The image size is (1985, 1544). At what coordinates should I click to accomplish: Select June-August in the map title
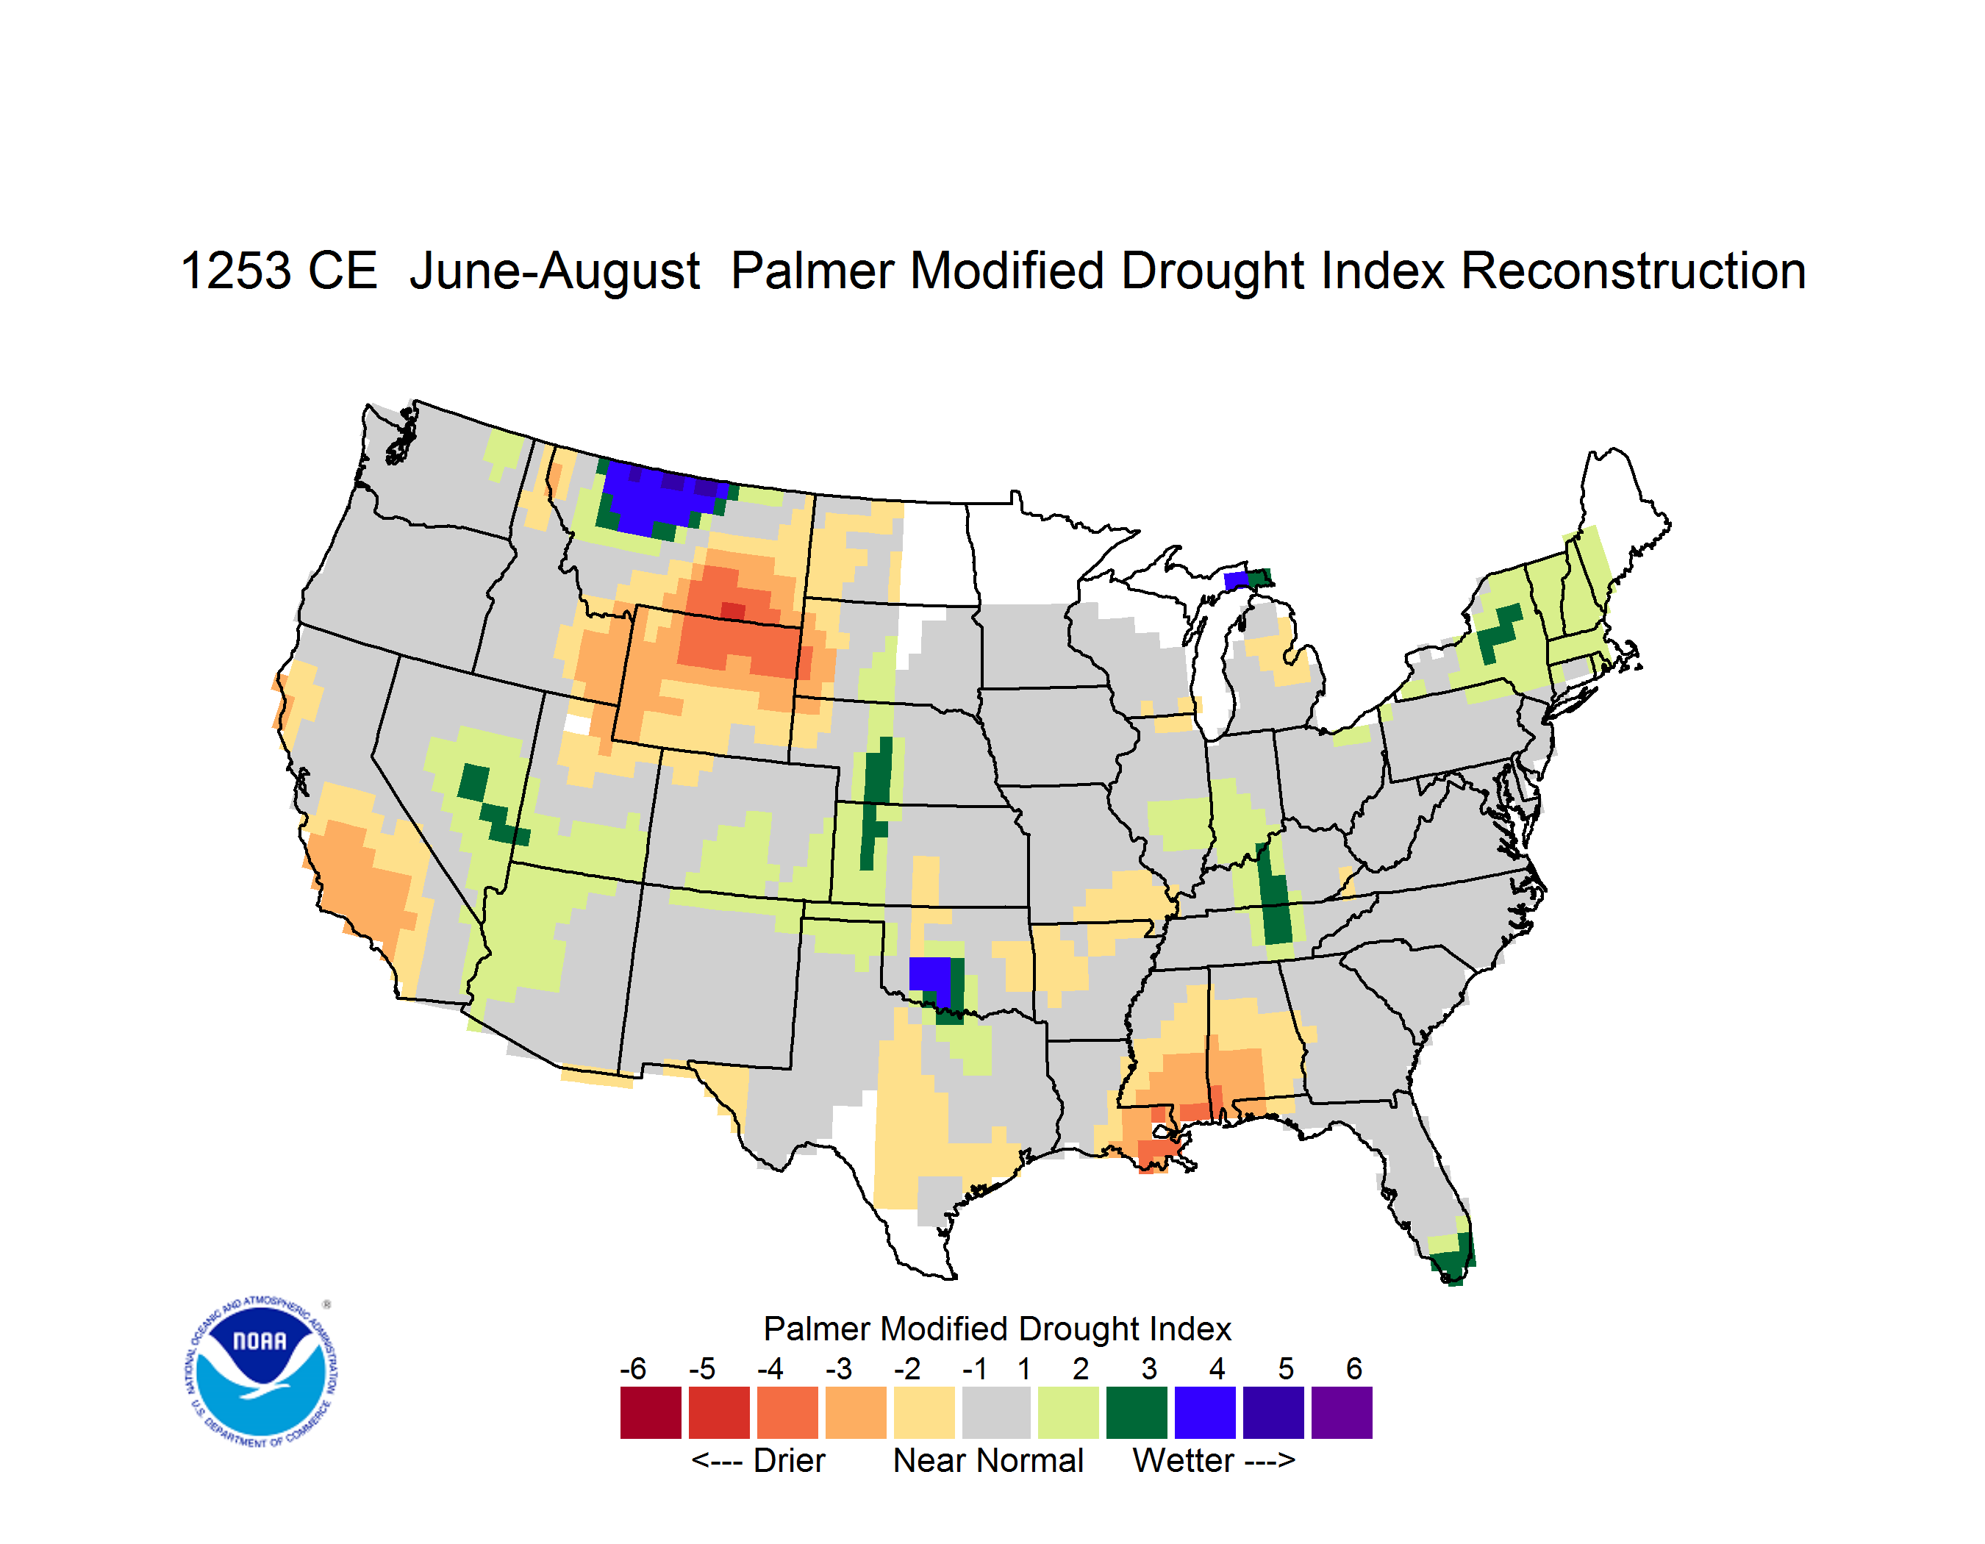click(554, 272)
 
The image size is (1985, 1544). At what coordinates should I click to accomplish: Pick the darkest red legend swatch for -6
click(651, 1412)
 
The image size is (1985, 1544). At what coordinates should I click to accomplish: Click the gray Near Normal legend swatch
click(996, 1412)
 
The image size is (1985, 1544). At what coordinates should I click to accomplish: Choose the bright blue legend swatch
click(1205, 1412)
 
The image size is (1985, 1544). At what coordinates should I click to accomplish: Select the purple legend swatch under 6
click(1342, 1412)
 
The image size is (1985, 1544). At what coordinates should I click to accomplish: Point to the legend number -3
click(838, 1368)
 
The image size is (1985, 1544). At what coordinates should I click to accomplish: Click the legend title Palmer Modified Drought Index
click(997, 1329)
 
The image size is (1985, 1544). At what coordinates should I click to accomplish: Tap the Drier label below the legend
click(789, 1460)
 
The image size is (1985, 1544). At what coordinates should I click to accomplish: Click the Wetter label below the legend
click(1184, 1460)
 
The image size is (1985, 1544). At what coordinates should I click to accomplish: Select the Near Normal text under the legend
click(989, 1460)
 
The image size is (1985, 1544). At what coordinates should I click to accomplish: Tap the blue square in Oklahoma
click(930, 977)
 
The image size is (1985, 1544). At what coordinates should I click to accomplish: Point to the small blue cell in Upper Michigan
click(1236, 581)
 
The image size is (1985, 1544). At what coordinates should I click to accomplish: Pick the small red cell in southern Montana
click(732, 610)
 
